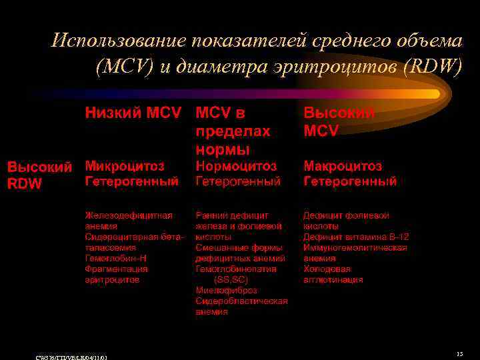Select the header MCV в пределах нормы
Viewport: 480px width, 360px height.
pyautogui.click(x=233, y=131)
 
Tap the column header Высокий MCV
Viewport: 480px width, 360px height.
pyautogui.click(x=339, y=122)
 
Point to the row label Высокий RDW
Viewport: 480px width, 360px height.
pyautogui.click(x=38, y=175)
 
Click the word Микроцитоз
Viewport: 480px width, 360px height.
pyautogui.click(x=125, y=165)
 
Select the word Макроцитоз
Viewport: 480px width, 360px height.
pyautogui.click(x=343, y=165)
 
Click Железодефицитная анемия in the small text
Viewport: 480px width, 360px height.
pyautogui.click(x=128, y=221)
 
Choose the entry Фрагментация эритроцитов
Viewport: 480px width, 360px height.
pyautogui.click(x=116, y=274)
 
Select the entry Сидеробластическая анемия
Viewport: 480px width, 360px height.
pyautogui.click(x=241, y=306)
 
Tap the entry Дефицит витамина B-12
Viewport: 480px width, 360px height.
pyautogui.click(x=356, y=237)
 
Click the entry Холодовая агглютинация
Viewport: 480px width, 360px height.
pyautogui.click(x=333, y=274)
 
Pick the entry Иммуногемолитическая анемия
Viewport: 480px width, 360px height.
pyautogui.click(x=355, y=253)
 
